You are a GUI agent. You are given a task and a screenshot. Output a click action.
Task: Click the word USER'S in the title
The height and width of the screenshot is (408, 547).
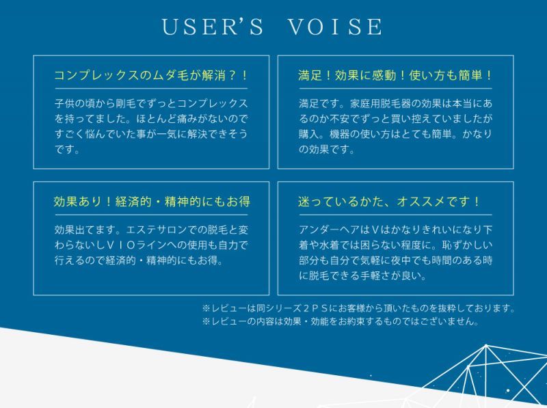point(213,27)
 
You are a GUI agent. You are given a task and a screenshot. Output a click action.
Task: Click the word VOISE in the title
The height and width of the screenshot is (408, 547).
point(335,27)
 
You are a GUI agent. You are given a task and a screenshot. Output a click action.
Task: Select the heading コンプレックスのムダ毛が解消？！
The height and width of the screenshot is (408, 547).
point(150,75)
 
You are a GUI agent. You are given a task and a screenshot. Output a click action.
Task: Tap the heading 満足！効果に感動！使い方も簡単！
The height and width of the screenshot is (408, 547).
point(395,75)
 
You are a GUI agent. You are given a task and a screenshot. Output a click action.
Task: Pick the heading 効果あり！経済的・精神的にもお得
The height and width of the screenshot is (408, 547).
point(152,202)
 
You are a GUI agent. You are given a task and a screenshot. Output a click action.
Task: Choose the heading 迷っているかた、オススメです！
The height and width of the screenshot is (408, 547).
point(389,202)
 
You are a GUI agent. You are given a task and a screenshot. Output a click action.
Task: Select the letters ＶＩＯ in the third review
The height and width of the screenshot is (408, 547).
point(120,245)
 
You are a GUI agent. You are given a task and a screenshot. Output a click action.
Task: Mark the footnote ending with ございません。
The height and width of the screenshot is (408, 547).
point(341,321)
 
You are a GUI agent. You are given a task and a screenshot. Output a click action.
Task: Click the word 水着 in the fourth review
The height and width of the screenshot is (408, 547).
point(330,245)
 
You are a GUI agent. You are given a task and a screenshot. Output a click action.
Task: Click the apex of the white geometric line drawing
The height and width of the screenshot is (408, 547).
point(486,346)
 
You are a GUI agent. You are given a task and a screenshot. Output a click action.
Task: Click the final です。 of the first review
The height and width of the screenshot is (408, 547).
point(67,150)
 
